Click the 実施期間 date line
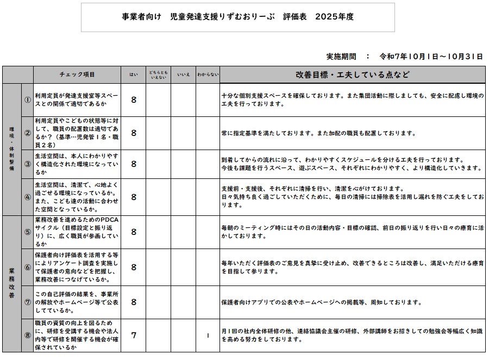coord(404,56)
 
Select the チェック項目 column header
coord(77,75)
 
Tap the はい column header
coord(133,75)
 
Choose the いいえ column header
coord(183,75)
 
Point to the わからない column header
coord(208,75)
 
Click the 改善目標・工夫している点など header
coord(353,75)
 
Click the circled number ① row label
coord(28,100)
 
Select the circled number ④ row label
coord(28,197)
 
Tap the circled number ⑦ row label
coord(28,302)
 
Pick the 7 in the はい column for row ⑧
coord(134,335)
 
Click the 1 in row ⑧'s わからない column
coord(208,335)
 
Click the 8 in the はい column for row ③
coord(134,164)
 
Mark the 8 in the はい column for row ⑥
coord(134,267)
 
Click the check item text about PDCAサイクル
coord(76,232)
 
